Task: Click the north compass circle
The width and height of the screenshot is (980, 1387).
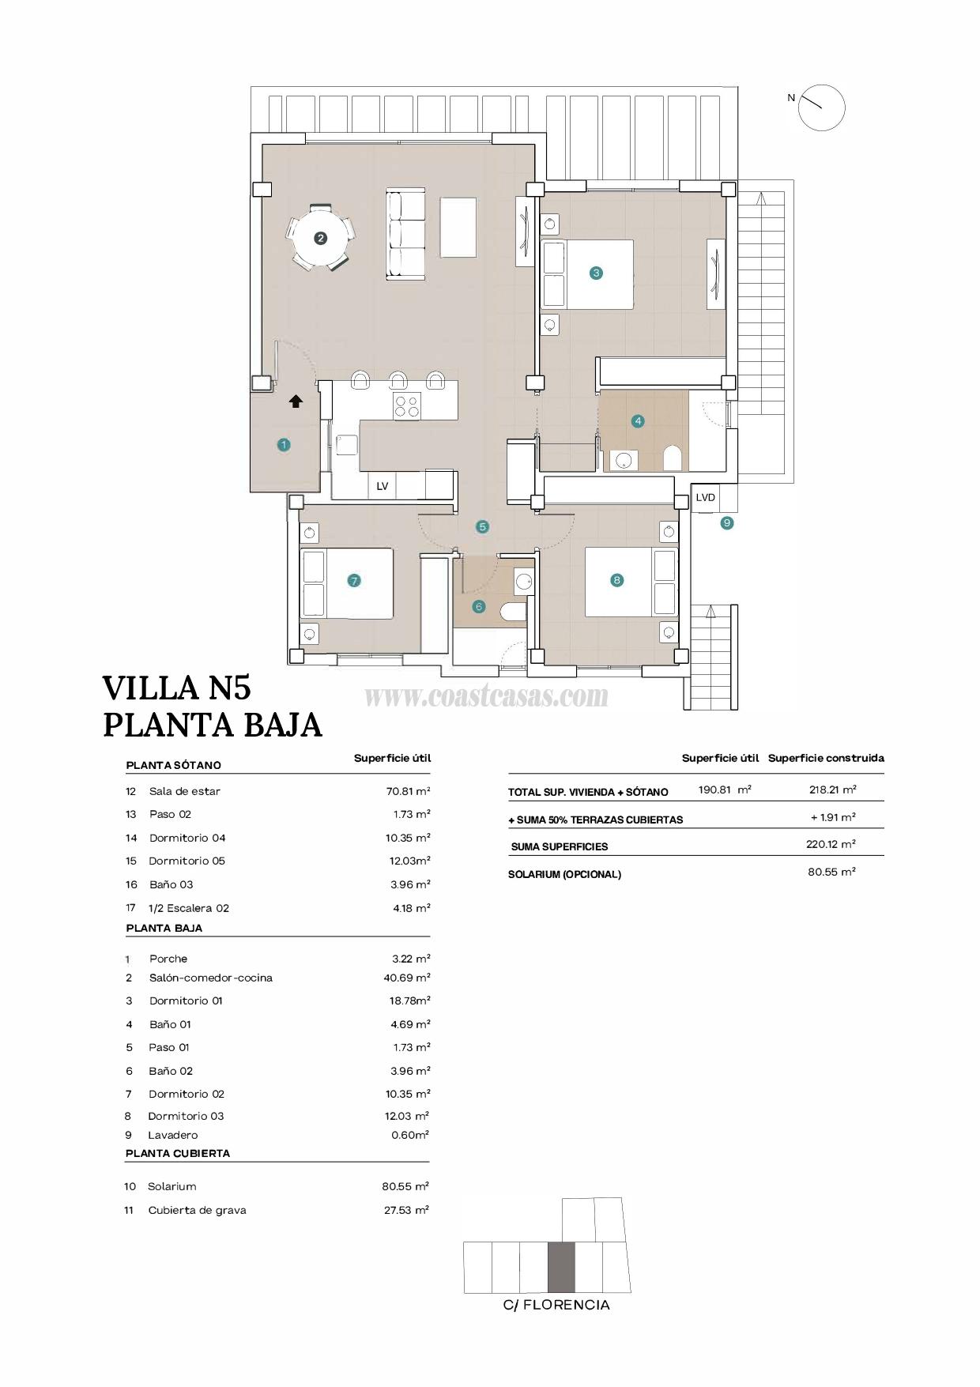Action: (821, 107)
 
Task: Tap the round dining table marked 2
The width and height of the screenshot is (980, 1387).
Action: (320, 237)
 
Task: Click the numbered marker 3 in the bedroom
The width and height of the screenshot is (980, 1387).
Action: (596, 273)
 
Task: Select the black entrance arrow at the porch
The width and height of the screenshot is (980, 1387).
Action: (296, 401)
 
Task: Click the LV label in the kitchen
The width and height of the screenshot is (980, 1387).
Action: (383, 486)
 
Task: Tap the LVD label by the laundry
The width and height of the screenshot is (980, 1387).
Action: (705, 497)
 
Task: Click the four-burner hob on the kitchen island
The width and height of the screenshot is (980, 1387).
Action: (408, 406)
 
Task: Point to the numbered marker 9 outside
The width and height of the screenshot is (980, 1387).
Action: (727, 522)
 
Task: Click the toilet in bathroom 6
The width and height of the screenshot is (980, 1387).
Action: (514, 612)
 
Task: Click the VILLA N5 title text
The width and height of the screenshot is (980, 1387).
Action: (177, 688)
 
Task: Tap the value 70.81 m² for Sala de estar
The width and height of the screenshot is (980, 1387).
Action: (408, 790)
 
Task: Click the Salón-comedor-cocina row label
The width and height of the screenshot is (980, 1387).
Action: (210, 978)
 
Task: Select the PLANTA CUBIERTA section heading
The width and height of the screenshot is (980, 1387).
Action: (178, 1153)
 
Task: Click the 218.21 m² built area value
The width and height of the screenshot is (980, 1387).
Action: (832, 790)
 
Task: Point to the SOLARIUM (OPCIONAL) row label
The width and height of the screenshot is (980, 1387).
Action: (564, 874)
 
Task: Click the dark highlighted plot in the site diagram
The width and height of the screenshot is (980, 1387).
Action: (561, 1267)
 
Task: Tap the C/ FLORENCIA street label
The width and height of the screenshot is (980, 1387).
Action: (556, 1305)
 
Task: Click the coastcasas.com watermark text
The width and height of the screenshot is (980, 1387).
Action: (486, 696)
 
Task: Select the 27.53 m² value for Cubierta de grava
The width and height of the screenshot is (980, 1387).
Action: (406, 1210)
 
